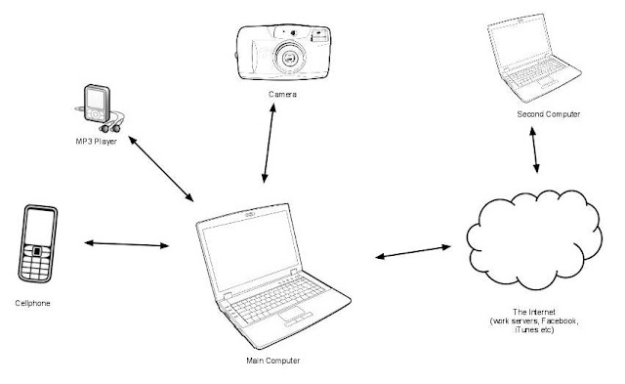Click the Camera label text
point(282,95)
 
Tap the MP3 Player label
point(97,142)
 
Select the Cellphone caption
point(32,304)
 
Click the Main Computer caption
point(273,361)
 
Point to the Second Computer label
point(549,114)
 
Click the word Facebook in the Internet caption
point(560,321)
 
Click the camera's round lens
point(290,58)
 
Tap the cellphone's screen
point(39,228)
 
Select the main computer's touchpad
point(293,314)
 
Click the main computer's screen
point(250,249)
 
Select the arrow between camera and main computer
point(269,144)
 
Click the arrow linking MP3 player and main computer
point(161,169)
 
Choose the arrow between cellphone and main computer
point(127,244)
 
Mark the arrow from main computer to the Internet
point(413,252)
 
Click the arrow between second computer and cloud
point(534,149)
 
